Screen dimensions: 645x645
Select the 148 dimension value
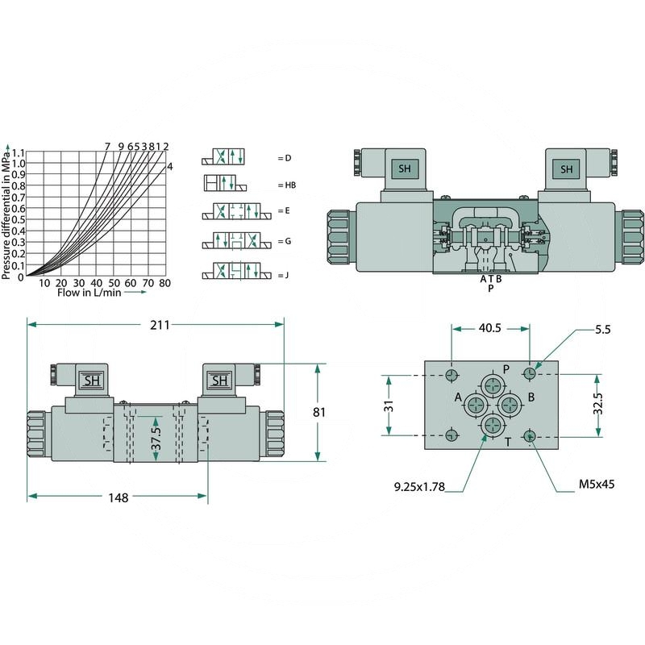tap(119, 497)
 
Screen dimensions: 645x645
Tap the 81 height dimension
tap(319, 412)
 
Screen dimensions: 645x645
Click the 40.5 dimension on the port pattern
tap(489, 328)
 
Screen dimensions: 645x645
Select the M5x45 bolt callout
tap(597, 485)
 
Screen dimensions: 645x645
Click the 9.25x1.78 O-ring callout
tap(419, 486)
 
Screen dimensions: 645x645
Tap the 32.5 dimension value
tap(597, 405)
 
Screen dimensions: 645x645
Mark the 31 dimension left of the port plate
tap(388, 406)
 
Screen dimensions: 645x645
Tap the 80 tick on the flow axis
tap(164, 283)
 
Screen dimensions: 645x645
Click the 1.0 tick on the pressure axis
tap(19, 164)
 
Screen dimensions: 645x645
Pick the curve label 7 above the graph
tap(107, 146)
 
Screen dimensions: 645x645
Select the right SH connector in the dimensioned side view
tap(218, 381)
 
